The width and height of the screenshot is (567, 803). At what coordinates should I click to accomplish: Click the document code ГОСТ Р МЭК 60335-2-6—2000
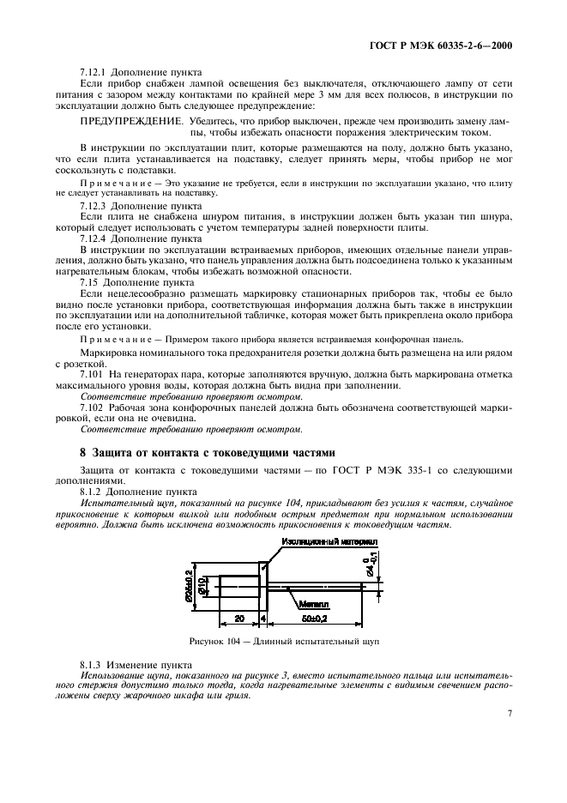pyautogui.click(x=450, y=45)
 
